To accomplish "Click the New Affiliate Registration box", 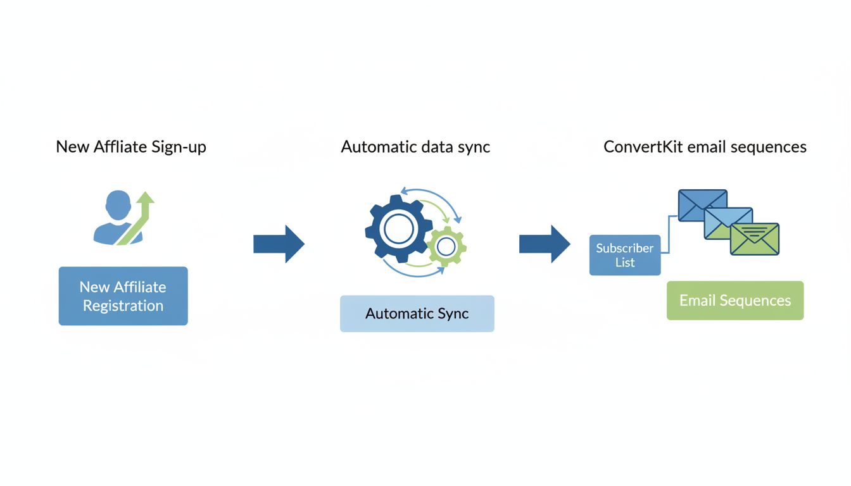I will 123,296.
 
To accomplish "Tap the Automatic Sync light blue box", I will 417,313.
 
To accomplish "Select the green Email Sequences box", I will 734,301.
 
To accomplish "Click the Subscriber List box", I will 624,255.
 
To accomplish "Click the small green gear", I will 447,246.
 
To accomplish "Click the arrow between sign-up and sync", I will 279,244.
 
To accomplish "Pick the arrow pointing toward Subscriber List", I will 545,244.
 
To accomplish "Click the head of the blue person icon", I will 118,206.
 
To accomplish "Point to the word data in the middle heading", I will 437,147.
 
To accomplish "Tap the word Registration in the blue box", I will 123,306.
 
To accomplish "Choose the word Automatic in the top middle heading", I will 378,147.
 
